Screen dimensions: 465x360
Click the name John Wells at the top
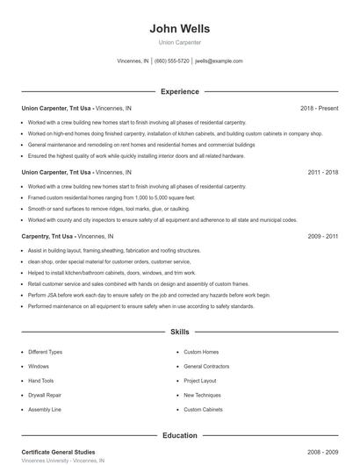179,28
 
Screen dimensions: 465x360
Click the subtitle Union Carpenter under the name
179,42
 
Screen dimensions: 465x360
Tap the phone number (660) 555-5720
172,61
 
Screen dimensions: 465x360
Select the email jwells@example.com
219,61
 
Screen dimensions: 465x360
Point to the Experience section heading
179,91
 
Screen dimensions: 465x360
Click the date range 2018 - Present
319,108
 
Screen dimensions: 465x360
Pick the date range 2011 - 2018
323,173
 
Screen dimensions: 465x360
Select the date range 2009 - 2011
323,237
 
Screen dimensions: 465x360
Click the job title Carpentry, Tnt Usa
47,237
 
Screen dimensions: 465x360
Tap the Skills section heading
179,333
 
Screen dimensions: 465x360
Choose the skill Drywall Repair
44,395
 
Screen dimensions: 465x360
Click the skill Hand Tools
40,381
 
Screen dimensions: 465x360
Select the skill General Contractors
206,366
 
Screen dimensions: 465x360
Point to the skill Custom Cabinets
203,410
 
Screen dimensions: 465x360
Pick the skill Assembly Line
44,410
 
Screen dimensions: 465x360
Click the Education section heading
179,435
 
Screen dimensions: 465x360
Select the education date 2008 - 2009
323,452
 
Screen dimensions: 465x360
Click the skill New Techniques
203,395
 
